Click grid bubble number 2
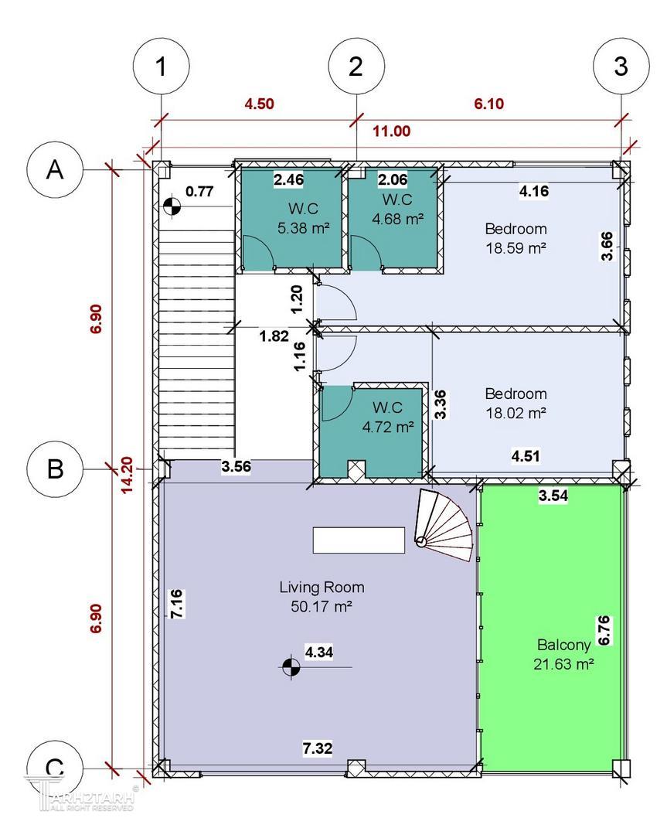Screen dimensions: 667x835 pos(356,66)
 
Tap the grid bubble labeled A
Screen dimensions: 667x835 pos(55,169)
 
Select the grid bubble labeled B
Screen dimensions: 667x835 pos(55,469)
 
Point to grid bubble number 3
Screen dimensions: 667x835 pos(621,66)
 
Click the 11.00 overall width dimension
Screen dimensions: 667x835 pos(391,131)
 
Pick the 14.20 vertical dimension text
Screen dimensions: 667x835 pos(127,475)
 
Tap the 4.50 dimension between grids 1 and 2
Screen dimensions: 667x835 pos(259,104)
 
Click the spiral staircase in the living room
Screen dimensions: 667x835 pos(444,524)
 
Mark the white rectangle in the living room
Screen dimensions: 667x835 pos(359,540)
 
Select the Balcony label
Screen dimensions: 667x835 pos(564,645)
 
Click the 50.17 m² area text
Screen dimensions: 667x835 pos(322,607)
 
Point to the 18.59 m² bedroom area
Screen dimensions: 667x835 pos(516,248)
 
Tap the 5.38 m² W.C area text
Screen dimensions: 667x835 pos(304,228)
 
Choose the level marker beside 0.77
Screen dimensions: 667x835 pos(172,206)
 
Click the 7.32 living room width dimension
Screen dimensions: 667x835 pos(318,748)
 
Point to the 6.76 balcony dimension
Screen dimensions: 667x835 pos(604,631)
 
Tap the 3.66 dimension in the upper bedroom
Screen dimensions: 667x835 pos(607,246)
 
